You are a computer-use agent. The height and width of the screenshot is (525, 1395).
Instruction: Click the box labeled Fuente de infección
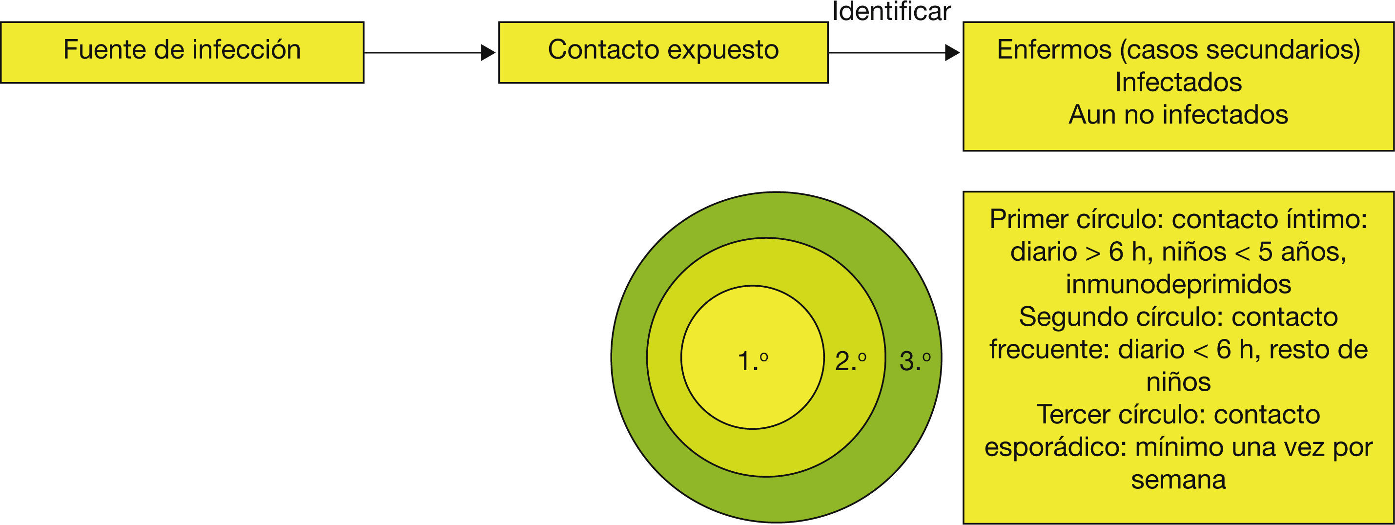pyautogui.click(x=182, y=52)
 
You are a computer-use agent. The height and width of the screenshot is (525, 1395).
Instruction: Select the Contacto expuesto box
pyautogui.click(x=663, y=52)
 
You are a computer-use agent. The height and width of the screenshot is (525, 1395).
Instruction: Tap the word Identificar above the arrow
pyautogui.click(x=891, y=11)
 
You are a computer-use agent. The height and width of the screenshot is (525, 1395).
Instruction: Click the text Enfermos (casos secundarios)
pyautogui.click(x=1178, y=50)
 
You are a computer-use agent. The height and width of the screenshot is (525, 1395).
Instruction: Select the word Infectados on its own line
pyautogui.click(x=1178, y=83)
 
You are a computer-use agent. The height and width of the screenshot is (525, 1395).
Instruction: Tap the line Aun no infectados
pyautogui.click(x=1178, y=115)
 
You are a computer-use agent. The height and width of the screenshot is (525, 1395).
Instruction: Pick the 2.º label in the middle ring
pyautogui.click(x=850, y=361)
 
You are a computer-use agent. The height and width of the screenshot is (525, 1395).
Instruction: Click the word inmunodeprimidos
pyautogui.click(x=1178, y=284)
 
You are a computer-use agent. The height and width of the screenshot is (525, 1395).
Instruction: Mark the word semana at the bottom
pyautogui.click(x=1178, y=480)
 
